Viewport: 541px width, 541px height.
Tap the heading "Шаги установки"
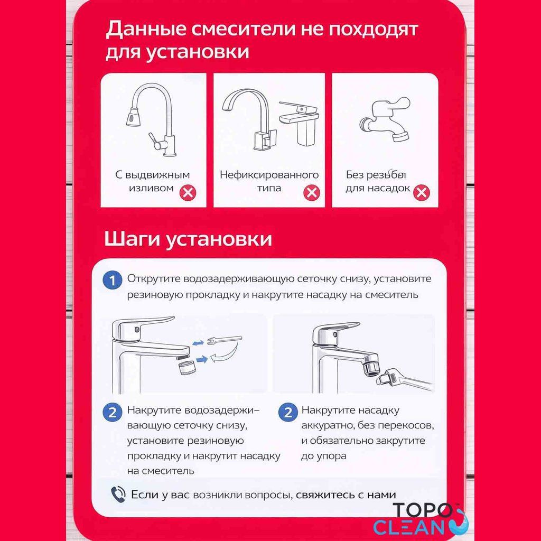(188, 239)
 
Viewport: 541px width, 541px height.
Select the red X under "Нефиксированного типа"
(311, 192)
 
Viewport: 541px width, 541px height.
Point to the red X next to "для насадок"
(421, 192)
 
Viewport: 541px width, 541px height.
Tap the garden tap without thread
(386, 119)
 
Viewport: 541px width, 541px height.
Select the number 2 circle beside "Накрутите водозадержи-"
(111, 412)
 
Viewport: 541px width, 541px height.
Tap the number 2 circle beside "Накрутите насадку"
(288, 412)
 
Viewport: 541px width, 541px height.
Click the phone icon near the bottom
(118, 495)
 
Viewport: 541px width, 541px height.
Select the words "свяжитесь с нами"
(346, 495)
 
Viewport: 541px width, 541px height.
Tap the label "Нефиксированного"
(269, 174)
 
